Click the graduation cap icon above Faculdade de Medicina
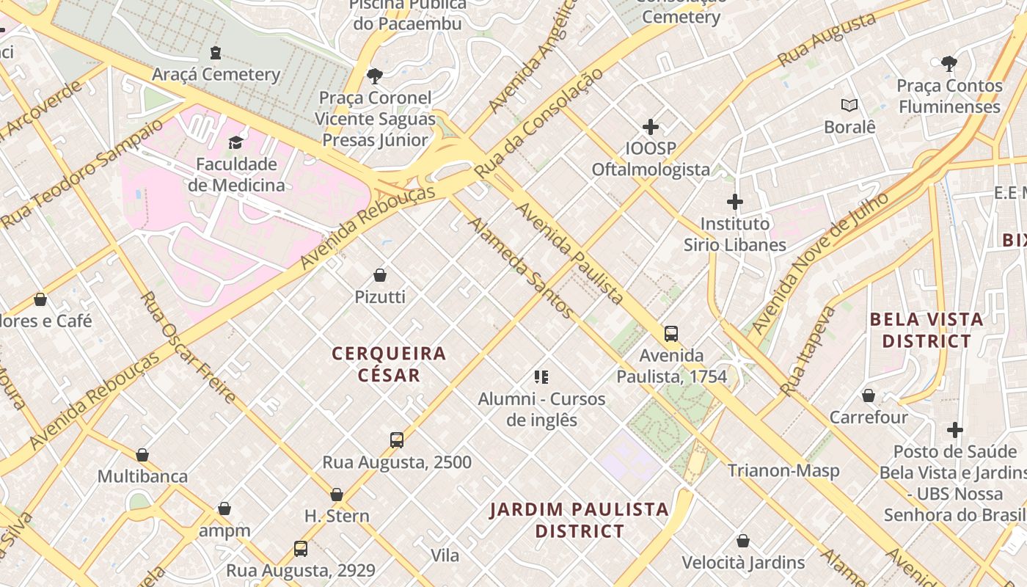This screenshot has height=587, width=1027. (x=235, y=142)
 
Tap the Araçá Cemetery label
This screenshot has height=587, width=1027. (x=216, y=74)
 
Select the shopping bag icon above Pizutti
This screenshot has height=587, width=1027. (x=380, y=276)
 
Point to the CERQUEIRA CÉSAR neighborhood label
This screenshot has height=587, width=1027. (x=389, y=364)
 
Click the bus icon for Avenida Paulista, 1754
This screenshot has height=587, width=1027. (x=670, y=334)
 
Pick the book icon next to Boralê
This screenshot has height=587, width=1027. (x=849, y=106)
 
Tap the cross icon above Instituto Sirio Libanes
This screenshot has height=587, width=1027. (x=734, y=202)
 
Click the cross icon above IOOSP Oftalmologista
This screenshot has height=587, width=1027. (x=650, y=127)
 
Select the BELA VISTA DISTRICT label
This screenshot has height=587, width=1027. (x=926, y=330)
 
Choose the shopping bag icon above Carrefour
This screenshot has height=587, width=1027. (x=869, y=396)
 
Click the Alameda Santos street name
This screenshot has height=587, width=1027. (x=522, y=268)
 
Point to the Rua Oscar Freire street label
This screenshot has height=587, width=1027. (x=189, y=348)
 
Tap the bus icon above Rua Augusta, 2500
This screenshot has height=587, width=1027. (x=397, y=440)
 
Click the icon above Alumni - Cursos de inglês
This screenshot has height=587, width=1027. (x=541, y=378)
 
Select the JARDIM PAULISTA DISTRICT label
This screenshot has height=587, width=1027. (x=579, y=519)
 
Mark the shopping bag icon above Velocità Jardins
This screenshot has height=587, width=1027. (x=743, y=542)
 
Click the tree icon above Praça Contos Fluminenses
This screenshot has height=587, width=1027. (x=949, y=64)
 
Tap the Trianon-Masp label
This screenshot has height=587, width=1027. (x=783, y=470)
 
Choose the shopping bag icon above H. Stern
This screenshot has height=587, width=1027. (x=337, y=495)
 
